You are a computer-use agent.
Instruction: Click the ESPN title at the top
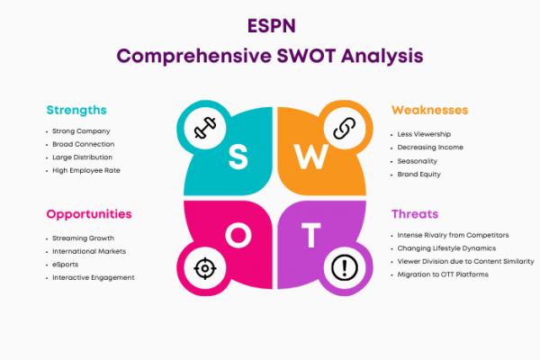(272, 26)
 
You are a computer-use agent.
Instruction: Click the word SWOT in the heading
(306, 56)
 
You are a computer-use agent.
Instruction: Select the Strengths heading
(76, 110)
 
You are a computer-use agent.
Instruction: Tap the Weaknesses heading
(430, 110)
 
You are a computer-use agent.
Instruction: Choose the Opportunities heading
(89, 214)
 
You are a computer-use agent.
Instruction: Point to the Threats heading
(415, 214)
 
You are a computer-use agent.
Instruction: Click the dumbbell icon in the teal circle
(205, 128)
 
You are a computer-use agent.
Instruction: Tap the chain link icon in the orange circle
(345, 128)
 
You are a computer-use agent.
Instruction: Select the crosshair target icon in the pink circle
(205, 268)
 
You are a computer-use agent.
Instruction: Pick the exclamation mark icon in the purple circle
(345, 268)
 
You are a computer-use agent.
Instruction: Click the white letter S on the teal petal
(238, 157)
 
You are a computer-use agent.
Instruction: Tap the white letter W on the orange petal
(311, 157)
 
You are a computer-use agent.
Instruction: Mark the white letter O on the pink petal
(238, 235)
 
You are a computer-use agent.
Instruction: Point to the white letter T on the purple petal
(311, 235)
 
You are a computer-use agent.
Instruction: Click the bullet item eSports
(66, 265)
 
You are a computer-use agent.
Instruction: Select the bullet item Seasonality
(417, 161)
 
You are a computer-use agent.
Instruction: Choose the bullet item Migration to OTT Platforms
(443, 274)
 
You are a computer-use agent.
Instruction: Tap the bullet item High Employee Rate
(86, 170)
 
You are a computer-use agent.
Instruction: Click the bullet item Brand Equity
(418, 175)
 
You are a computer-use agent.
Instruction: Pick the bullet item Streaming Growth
(83, 238)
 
